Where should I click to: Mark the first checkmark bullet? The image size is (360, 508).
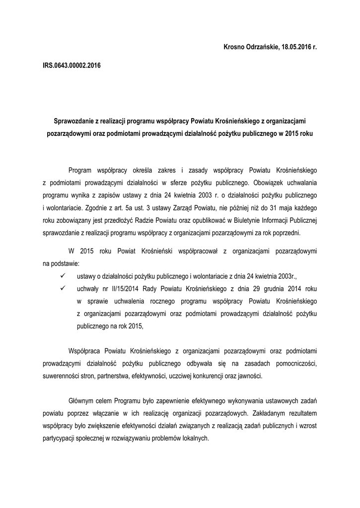tap(62, 276)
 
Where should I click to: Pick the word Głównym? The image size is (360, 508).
tap(81, 400)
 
